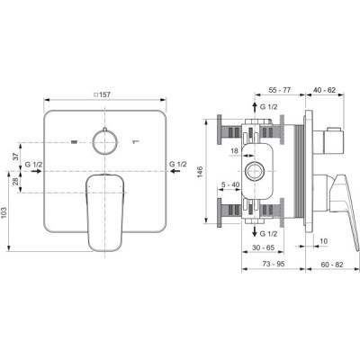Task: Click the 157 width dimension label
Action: [103, 94]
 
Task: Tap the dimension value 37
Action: [16, 156]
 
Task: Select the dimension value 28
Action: [16, 182]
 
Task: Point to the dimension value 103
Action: [4, 212]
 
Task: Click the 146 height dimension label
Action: [200, 171]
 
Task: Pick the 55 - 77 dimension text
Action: [280, 90]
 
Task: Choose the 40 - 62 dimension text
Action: [324, 90]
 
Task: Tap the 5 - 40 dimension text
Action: [230, 184]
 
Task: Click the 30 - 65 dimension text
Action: [263, 247]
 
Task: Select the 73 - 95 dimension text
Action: [274, 264]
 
